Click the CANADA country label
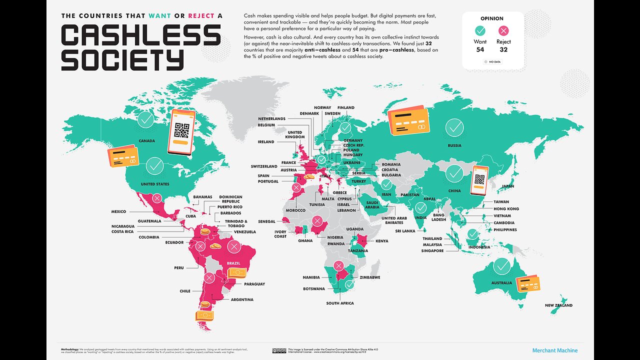point(146,141)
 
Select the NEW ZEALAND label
point(558,305)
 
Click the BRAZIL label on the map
point(233,263)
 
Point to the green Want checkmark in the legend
point(480,30)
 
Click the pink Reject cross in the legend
point(503,30)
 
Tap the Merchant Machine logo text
point(554,350)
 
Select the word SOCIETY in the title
point(122,60)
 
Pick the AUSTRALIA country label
point(501,283)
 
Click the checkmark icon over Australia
point(501,266)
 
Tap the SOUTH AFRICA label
point(340,303)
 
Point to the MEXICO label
point(118,212)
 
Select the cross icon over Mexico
point(157,199)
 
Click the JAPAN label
point(508,186)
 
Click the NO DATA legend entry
point(492,62)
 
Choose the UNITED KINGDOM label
point(295,134)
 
